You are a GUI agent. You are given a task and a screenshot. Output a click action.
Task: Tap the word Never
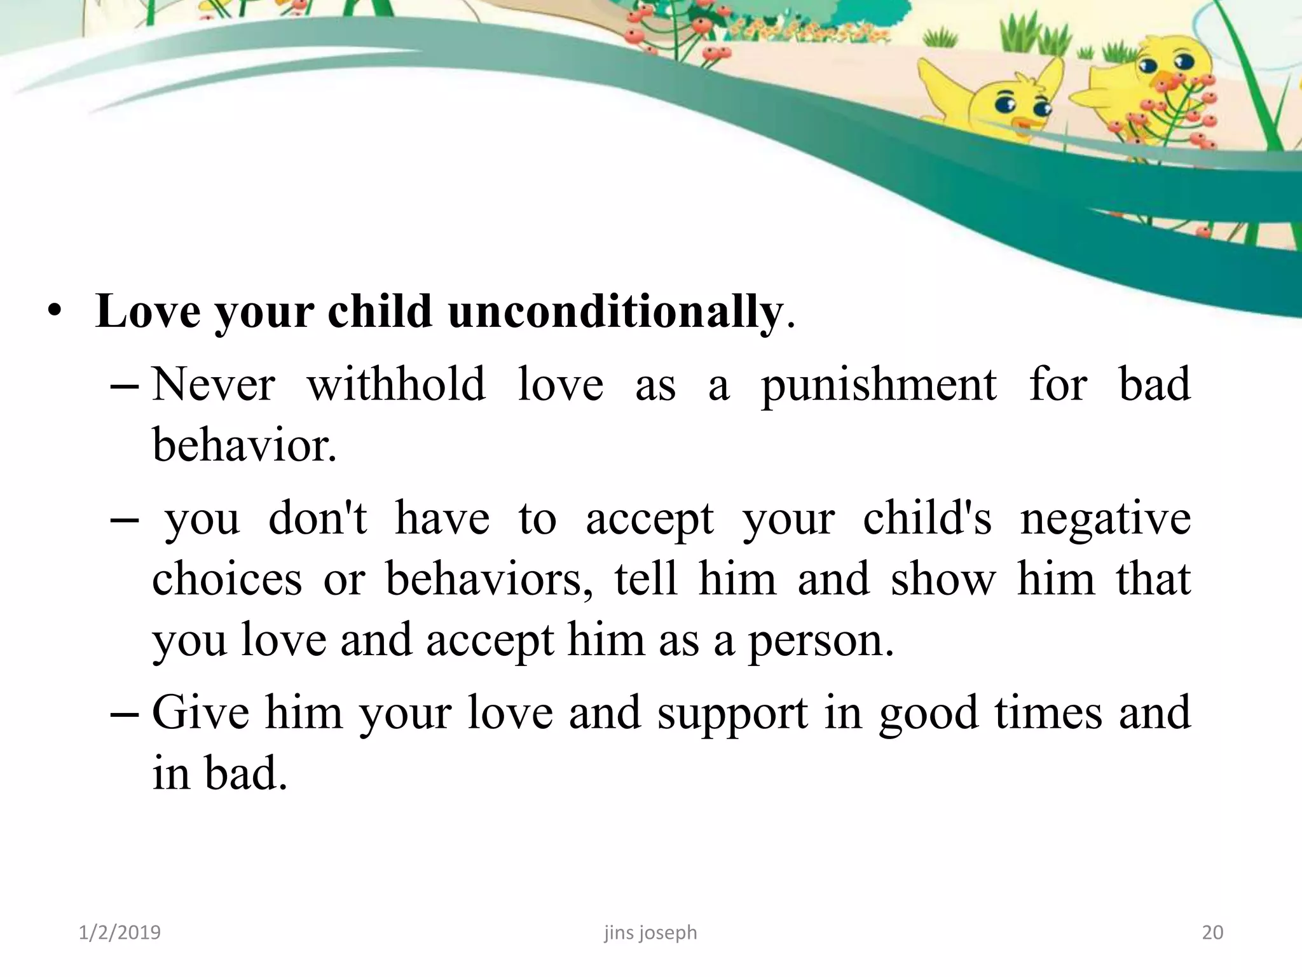click(x=214, y=385)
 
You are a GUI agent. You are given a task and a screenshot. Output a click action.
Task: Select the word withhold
click(x=396, y=385)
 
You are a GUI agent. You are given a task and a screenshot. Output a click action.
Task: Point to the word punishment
click(x=879, y=386)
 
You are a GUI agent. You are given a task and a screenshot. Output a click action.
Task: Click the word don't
click(x=318, y=518)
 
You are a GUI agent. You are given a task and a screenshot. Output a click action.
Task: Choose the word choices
click(x=227, y=579)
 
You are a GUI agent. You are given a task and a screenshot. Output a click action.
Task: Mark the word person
click(x=820, y=641)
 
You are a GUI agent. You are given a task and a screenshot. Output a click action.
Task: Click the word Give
click(x=200, y=713)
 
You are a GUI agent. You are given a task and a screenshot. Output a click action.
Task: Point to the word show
click(x=943, y=579)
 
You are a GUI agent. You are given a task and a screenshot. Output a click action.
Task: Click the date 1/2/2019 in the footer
click(x=120, y=932)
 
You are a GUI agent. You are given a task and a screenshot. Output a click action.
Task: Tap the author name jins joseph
click(x=650, y=932)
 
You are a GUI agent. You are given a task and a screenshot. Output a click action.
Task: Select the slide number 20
click(x=1212, y=932)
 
